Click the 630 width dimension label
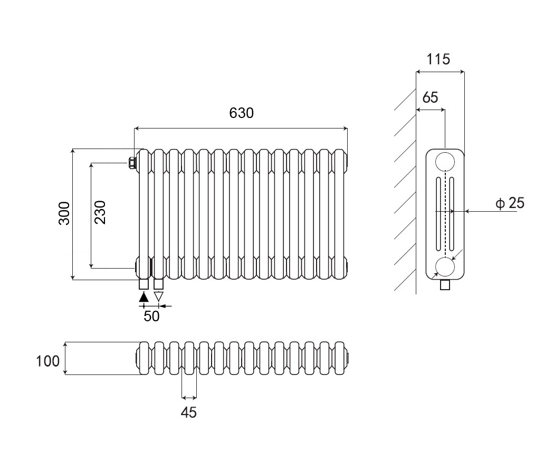click(x=241, y=113)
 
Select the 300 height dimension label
click(x=64, y=213)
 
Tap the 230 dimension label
click(x=100, y=212)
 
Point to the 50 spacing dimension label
click(x=151, y=317)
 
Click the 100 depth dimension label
click(x=47, y=361)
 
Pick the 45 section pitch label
click(x=189, y=412)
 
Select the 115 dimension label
click(x=438, y=59)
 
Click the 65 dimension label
click(x=430, y=97)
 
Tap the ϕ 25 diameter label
click(x=510, y=203)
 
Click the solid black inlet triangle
click(x=144, y=297)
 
